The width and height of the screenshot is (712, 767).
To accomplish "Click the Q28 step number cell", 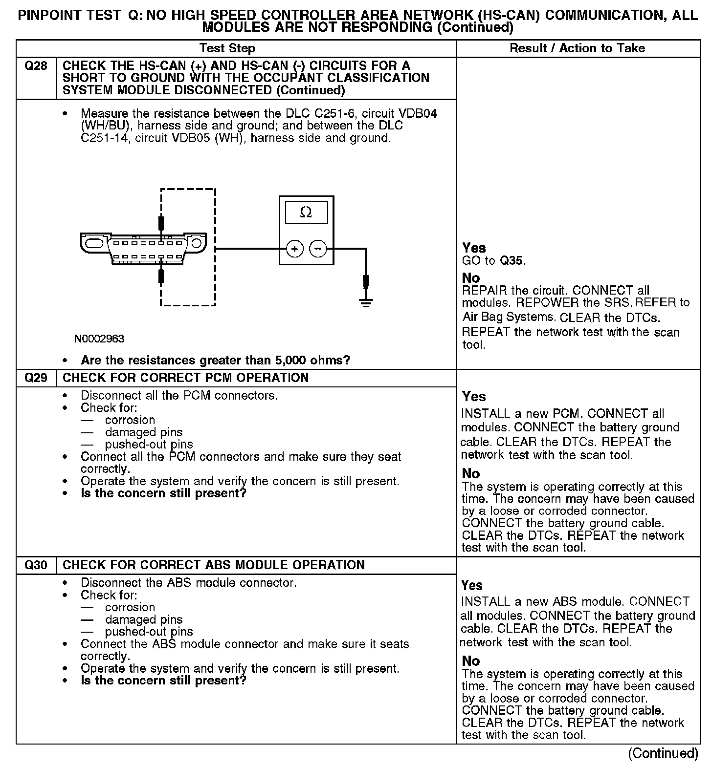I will [36, 66].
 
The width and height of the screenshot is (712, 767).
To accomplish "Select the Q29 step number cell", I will [36, 378].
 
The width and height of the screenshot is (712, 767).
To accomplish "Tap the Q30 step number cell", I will [36, 565].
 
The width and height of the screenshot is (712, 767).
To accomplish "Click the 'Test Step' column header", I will [227, 48].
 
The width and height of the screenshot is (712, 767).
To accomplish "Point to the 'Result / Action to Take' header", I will [577, 48].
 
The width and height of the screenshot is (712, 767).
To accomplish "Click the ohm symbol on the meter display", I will [306, 213].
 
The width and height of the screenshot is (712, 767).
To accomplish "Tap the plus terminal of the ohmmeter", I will [294, 249].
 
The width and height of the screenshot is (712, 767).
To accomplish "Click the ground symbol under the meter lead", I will [366, 302].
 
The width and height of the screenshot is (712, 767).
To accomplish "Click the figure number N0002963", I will [99, 339].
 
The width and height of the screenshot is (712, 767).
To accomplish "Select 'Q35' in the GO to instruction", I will [512, 261].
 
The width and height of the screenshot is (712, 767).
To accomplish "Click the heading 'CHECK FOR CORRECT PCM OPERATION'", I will [186, 378].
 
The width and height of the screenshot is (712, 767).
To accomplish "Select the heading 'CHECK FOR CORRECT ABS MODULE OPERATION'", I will [214, 565].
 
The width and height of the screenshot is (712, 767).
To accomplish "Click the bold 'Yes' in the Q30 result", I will [472, 585].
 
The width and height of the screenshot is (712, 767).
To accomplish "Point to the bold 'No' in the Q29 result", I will [471, 473].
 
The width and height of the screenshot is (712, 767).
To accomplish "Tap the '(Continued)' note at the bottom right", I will [663, 753].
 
